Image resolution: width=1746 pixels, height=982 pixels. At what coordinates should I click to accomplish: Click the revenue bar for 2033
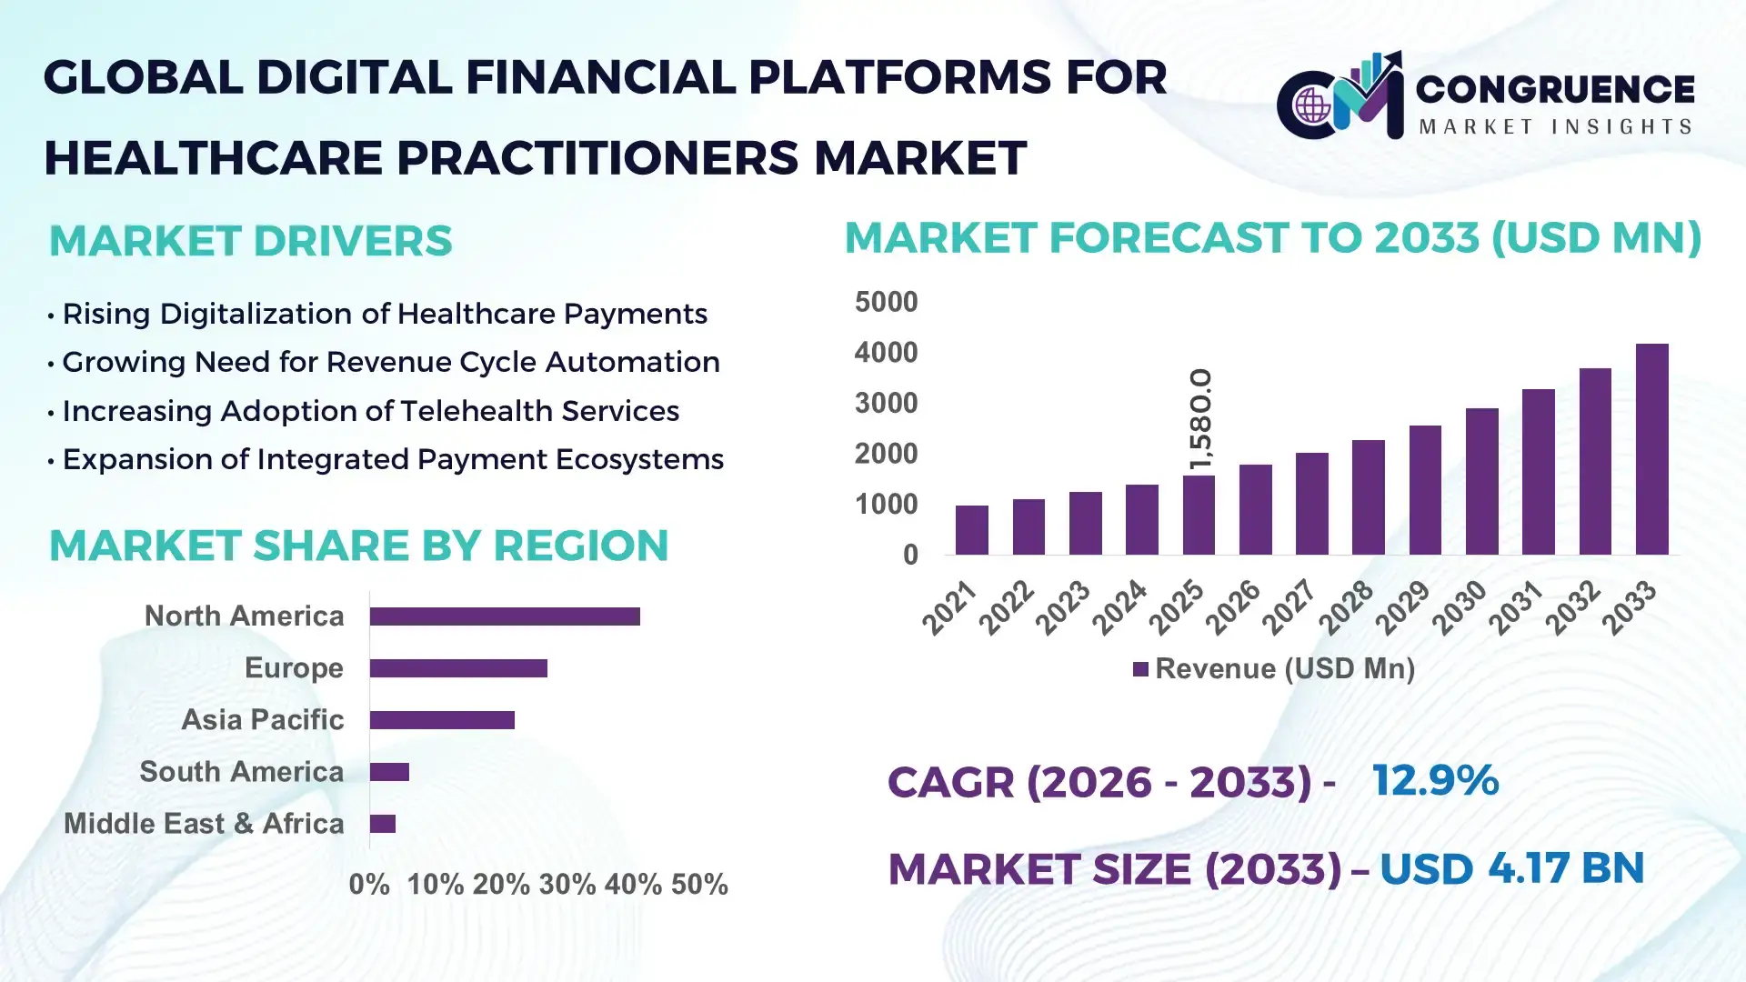click(x=1651, y=449)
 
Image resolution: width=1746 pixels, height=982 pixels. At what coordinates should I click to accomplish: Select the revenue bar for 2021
click(x=971, y=530)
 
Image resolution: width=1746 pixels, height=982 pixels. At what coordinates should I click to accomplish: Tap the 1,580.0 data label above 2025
click(x=1200, y=419)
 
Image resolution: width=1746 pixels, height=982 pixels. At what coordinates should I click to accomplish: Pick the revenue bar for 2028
click(x=1368, y=497)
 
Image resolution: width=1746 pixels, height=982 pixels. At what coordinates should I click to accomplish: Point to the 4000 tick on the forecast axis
click(x=886, y=353)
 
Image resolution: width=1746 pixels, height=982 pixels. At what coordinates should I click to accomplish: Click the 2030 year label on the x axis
click(x=1460, y=606)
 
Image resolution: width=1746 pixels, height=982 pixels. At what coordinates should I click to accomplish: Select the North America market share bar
click(x=505, y=616)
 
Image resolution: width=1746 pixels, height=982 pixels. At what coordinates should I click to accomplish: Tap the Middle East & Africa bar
click(x=383, y=824)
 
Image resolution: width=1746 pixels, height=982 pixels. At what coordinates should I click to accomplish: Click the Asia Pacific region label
click(x=262, y=720)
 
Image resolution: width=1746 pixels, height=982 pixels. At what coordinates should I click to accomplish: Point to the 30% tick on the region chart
click(x=567, y=885)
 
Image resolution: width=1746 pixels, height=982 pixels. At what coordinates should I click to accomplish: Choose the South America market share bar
click(x=389, y=772)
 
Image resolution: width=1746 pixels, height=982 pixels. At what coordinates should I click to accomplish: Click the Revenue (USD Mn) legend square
click(x=1140, y=669)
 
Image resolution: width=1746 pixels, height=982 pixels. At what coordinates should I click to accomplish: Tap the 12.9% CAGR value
click(x=1435, y=781)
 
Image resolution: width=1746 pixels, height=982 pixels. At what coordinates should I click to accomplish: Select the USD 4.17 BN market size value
click(x=1511, y=868)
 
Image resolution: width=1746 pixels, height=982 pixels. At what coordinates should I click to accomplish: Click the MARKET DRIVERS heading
click(x=250, y=241)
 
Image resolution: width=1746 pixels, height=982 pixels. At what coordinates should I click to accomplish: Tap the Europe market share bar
click(x=458, y=668)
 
